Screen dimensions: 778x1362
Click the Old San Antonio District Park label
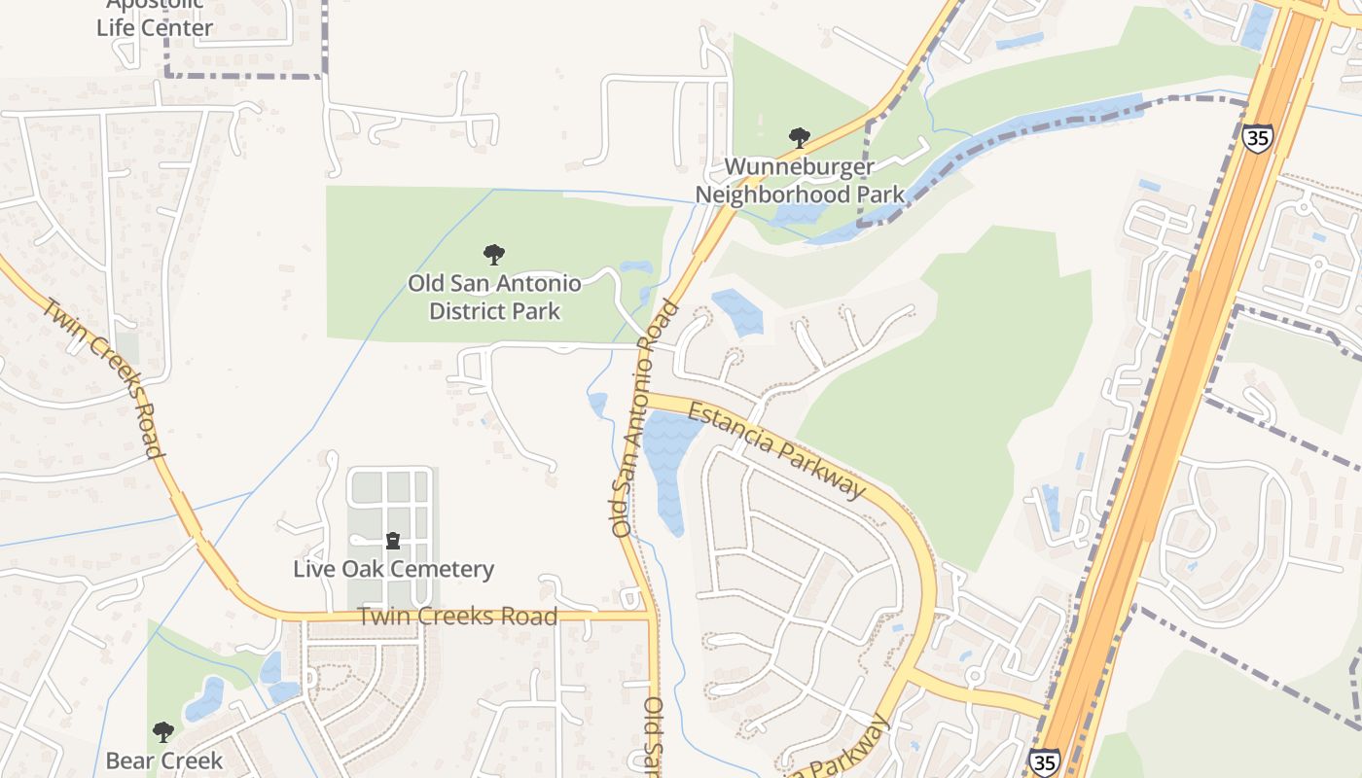(494, 298)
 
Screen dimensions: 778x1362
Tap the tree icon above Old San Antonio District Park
(494, 255)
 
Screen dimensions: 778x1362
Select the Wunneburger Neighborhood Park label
(799, 181)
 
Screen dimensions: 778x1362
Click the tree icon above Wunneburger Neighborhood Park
(800, 137)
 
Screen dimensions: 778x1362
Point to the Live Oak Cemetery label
(393, 569)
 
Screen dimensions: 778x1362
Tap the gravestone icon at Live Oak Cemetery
(393, 540)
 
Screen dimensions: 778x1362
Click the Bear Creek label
(164, 760)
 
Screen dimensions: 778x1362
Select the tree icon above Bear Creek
(163, 731)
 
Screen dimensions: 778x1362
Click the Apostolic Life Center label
(154, 18)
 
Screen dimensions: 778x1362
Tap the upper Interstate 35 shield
(1257, 137)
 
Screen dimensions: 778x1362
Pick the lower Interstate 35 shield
(1042, 761)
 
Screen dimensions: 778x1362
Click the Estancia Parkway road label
(776, 451)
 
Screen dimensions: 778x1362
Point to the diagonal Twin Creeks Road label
(100, 375)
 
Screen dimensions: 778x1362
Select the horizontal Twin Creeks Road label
(457, 616)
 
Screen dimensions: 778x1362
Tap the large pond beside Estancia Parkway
(668, 467)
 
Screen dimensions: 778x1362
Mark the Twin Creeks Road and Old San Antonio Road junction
(649, 616)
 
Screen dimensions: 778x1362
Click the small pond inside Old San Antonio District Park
(636, 267)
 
